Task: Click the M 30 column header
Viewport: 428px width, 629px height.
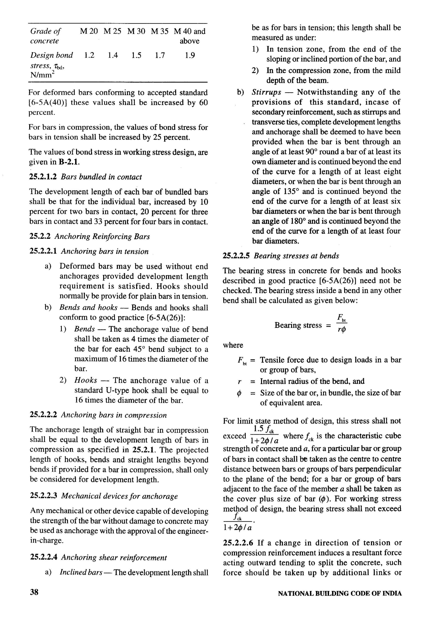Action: coord(136,31)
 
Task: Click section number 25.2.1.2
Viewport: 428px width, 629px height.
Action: coord(43,177)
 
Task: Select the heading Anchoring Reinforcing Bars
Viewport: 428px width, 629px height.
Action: coord(102,237)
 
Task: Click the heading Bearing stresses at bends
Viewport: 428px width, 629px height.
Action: coord(296,256)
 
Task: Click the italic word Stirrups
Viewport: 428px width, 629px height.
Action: coord(266,92)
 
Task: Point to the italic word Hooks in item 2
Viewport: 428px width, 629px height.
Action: coord(86,380)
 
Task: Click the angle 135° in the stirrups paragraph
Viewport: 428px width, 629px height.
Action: coord(291,191)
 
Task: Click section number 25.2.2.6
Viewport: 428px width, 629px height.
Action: coord(238,543)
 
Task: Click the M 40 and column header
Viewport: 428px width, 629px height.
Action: coord(190,31)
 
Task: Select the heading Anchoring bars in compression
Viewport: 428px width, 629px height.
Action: coord(113,415)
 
